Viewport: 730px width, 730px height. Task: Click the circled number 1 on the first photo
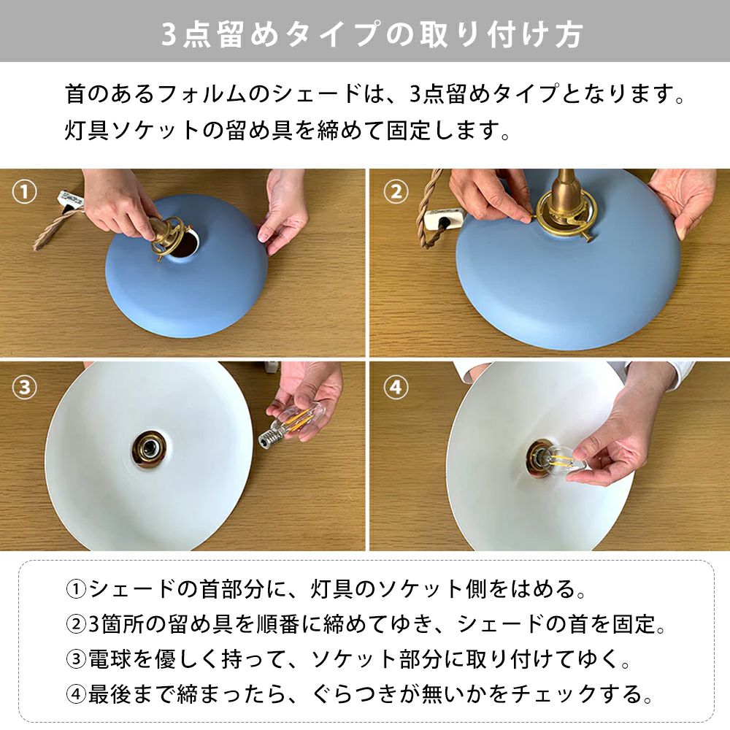24,192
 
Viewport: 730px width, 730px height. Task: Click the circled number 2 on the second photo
396,192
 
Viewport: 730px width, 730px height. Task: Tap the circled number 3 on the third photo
24,387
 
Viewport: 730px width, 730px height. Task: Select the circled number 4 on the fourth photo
396,387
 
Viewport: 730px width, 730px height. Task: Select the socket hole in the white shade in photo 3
148,449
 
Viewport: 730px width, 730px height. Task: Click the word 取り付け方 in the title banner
501,34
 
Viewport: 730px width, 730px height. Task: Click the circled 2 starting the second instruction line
76,625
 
